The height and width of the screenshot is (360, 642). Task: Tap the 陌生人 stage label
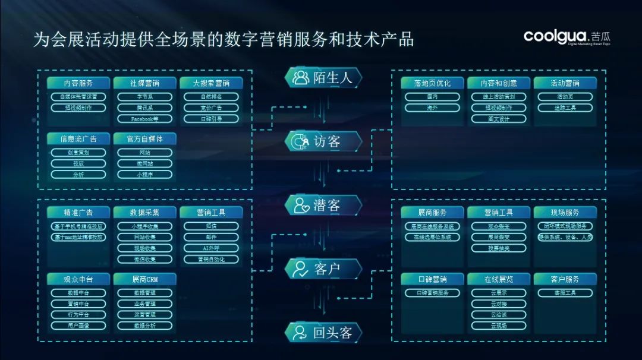(332, 77)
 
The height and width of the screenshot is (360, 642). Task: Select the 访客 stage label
(327, 141)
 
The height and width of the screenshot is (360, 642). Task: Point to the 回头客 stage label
(332, 333)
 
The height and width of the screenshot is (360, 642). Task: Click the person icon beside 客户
(300, 269)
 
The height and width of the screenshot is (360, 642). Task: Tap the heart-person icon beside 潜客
(300, 206)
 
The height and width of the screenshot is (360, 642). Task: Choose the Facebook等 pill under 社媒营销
(144, 119)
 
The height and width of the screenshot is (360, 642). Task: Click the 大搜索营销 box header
(211, 83)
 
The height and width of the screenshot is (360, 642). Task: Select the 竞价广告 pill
(211, 108)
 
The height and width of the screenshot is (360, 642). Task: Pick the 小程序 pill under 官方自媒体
(144, 175)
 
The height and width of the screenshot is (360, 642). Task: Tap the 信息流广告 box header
(78, 138)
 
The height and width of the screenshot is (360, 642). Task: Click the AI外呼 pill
(211, 248)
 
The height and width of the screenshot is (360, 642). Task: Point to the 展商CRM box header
(144, 279)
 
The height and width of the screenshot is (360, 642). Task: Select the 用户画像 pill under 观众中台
(78, 326)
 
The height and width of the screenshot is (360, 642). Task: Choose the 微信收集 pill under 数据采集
(144, 260)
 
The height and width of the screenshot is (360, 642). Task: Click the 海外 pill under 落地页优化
(432, 108)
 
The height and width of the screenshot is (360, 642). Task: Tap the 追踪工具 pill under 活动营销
(565, 108)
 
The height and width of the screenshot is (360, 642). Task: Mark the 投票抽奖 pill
(499, 248)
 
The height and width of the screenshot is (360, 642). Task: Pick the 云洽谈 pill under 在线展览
(499, 315)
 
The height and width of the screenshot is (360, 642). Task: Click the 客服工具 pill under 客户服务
(565, 293)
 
